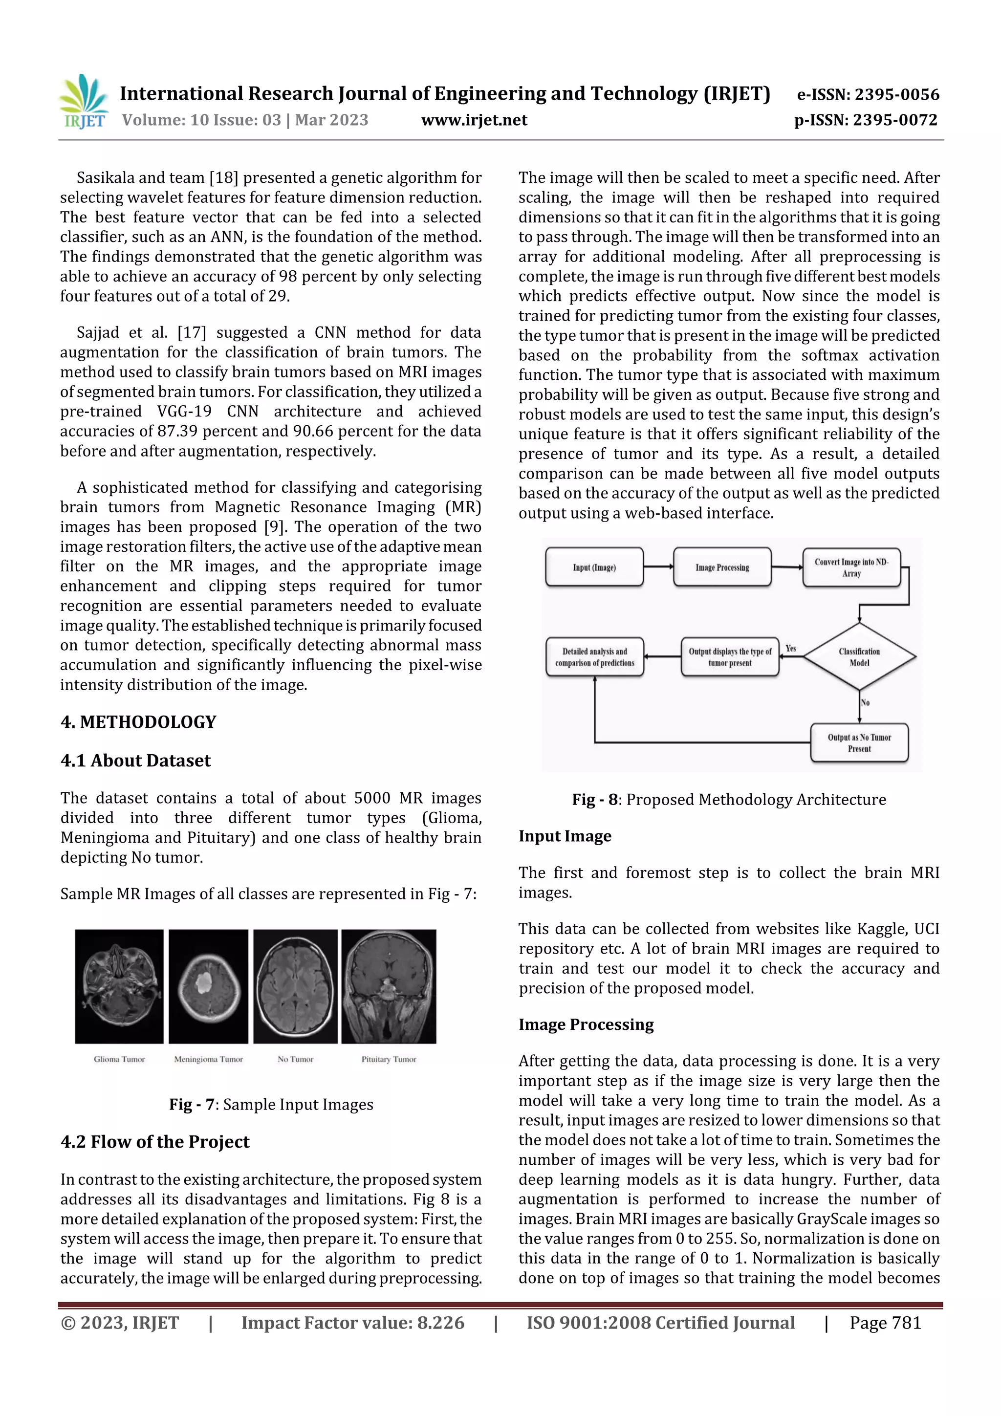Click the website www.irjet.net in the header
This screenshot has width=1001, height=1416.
[x=474, y=120]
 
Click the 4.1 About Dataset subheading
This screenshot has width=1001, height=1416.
[x=136, y=761]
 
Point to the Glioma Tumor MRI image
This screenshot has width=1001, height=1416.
[x=119, y=986]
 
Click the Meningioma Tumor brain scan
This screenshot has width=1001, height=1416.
[x=209, y=986]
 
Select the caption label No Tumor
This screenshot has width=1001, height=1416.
[x=295, y=1060]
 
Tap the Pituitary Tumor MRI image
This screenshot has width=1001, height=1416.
[x=389, y=986]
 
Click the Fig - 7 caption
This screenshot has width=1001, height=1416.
[x=271, y=1105]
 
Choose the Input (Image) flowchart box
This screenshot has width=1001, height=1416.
[x=594, y=567]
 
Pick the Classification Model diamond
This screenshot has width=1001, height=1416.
[x=859, y=657]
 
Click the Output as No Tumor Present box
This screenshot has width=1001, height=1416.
[x=859, y=743]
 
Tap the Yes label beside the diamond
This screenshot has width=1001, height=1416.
[x=791, y=648]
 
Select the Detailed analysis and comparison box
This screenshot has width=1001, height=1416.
[x=594, y=657]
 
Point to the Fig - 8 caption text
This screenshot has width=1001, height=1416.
[x=728, y=800]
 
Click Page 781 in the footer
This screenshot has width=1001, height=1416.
[x=885, y=1323]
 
